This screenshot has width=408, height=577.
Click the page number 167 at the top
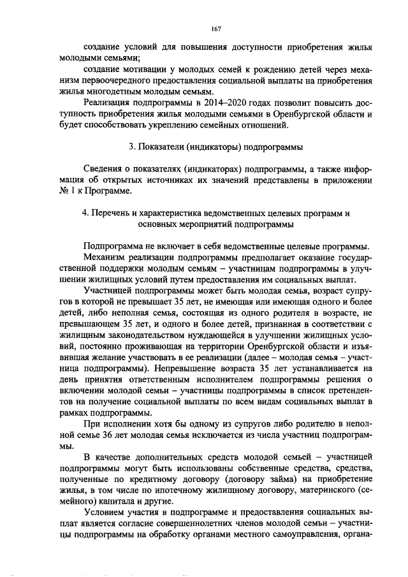(215, 29)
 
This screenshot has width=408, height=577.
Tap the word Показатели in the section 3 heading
(167, 146)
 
